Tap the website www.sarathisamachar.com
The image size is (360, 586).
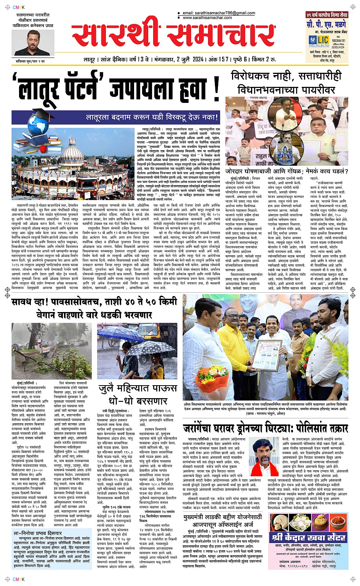pyautogui.click(x=207, y=18)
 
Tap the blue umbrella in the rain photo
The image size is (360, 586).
pyautogui.click(x=117, y=334)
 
